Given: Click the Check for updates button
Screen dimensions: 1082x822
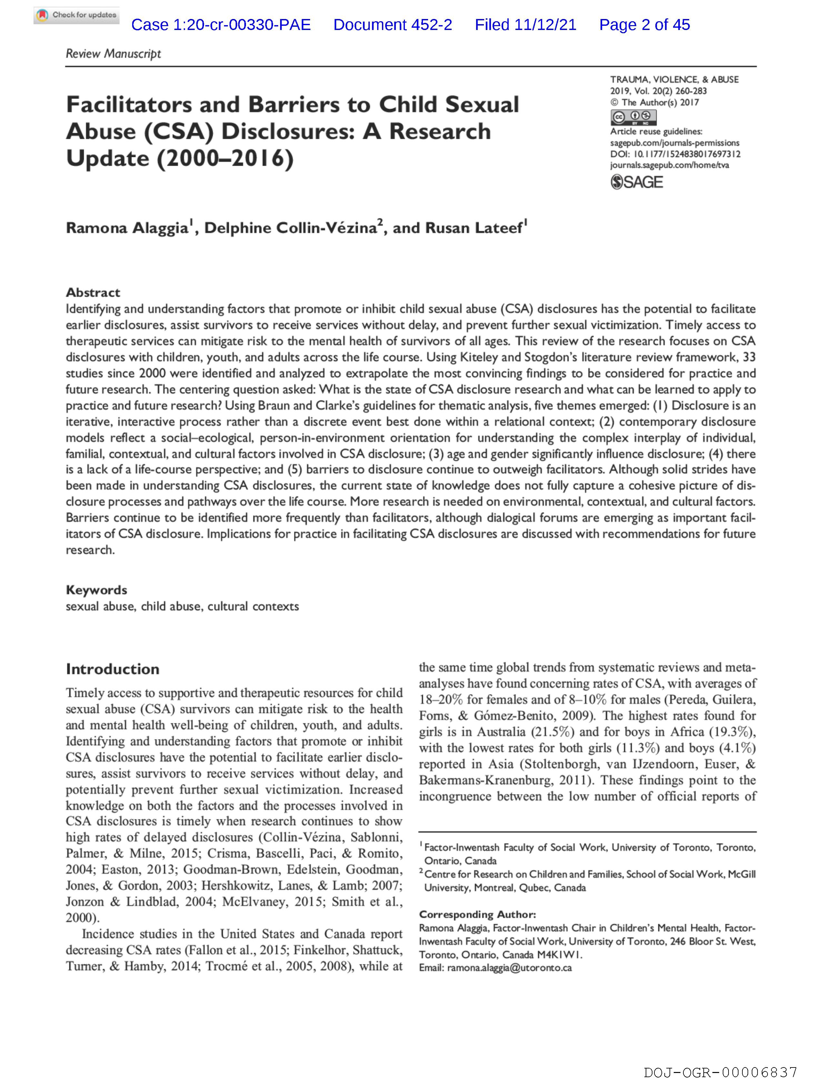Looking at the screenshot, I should [x=76, y=15].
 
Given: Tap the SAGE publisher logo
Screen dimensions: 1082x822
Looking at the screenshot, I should [x=637, y=182].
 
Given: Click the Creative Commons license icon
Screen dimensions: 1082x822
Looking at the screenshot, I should [x=633, y=117].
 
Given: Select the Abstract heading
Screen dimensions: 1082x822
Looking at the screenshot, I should [x=93, y=293].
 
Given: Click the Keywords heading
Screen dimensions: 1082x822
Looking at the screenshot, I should [x=96, y=590].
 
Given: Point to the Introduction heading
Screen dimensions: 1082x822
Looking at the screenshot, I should [x=113, y=669].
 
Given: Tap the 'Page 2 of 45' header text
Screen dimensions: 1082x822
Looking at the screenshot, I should [x=644, y=25].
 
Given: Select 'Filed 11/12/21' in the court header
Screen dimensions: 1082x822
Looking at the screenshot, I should [x=525, y=25].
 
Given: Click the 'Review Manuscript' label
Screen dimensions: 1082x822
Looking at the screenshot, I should [x=113, y=54].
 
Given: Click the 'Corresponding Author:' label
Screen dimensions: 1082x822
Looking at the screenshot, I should [x=477, y=914].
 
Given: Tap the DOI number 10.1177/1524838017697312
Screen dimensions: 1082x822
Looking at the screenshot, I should [x=687, y=154].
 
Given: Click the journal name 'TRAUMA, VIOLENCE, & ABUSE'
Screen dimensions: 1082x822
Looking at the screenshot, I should [x=674, y=79].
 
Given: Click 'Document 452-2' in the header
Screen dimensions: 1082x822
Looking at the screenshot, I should [x=392, y=25].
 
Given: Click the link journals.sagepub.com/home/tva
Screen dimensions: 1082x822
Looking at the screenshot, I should [x=669, y=165].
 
